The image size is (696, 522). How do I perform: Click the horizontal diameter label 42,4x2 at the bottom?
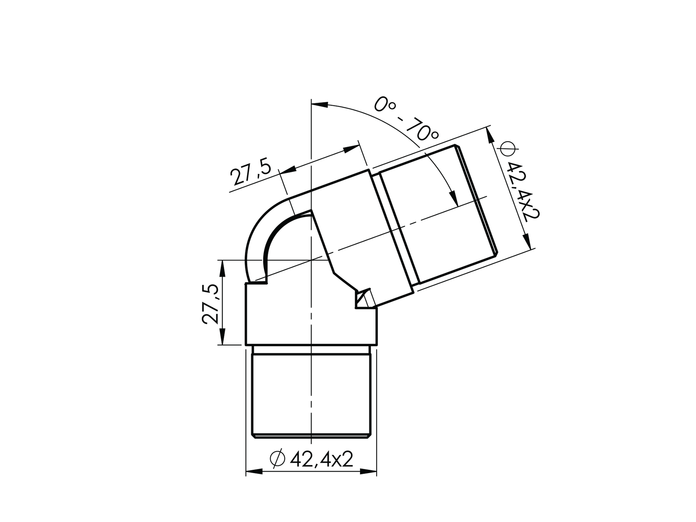tap(321, 459)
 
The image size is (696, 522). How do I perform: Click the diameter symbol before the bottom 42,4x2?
tap(277, 459)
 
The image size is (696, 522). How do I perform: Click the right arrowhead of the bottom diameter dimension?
tap(368, 472)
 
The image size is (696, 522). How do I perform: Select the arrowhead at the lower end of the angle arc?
tap(453, 198)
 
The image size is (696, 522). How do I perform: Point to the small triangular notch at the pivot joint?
tap(362, 299)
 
